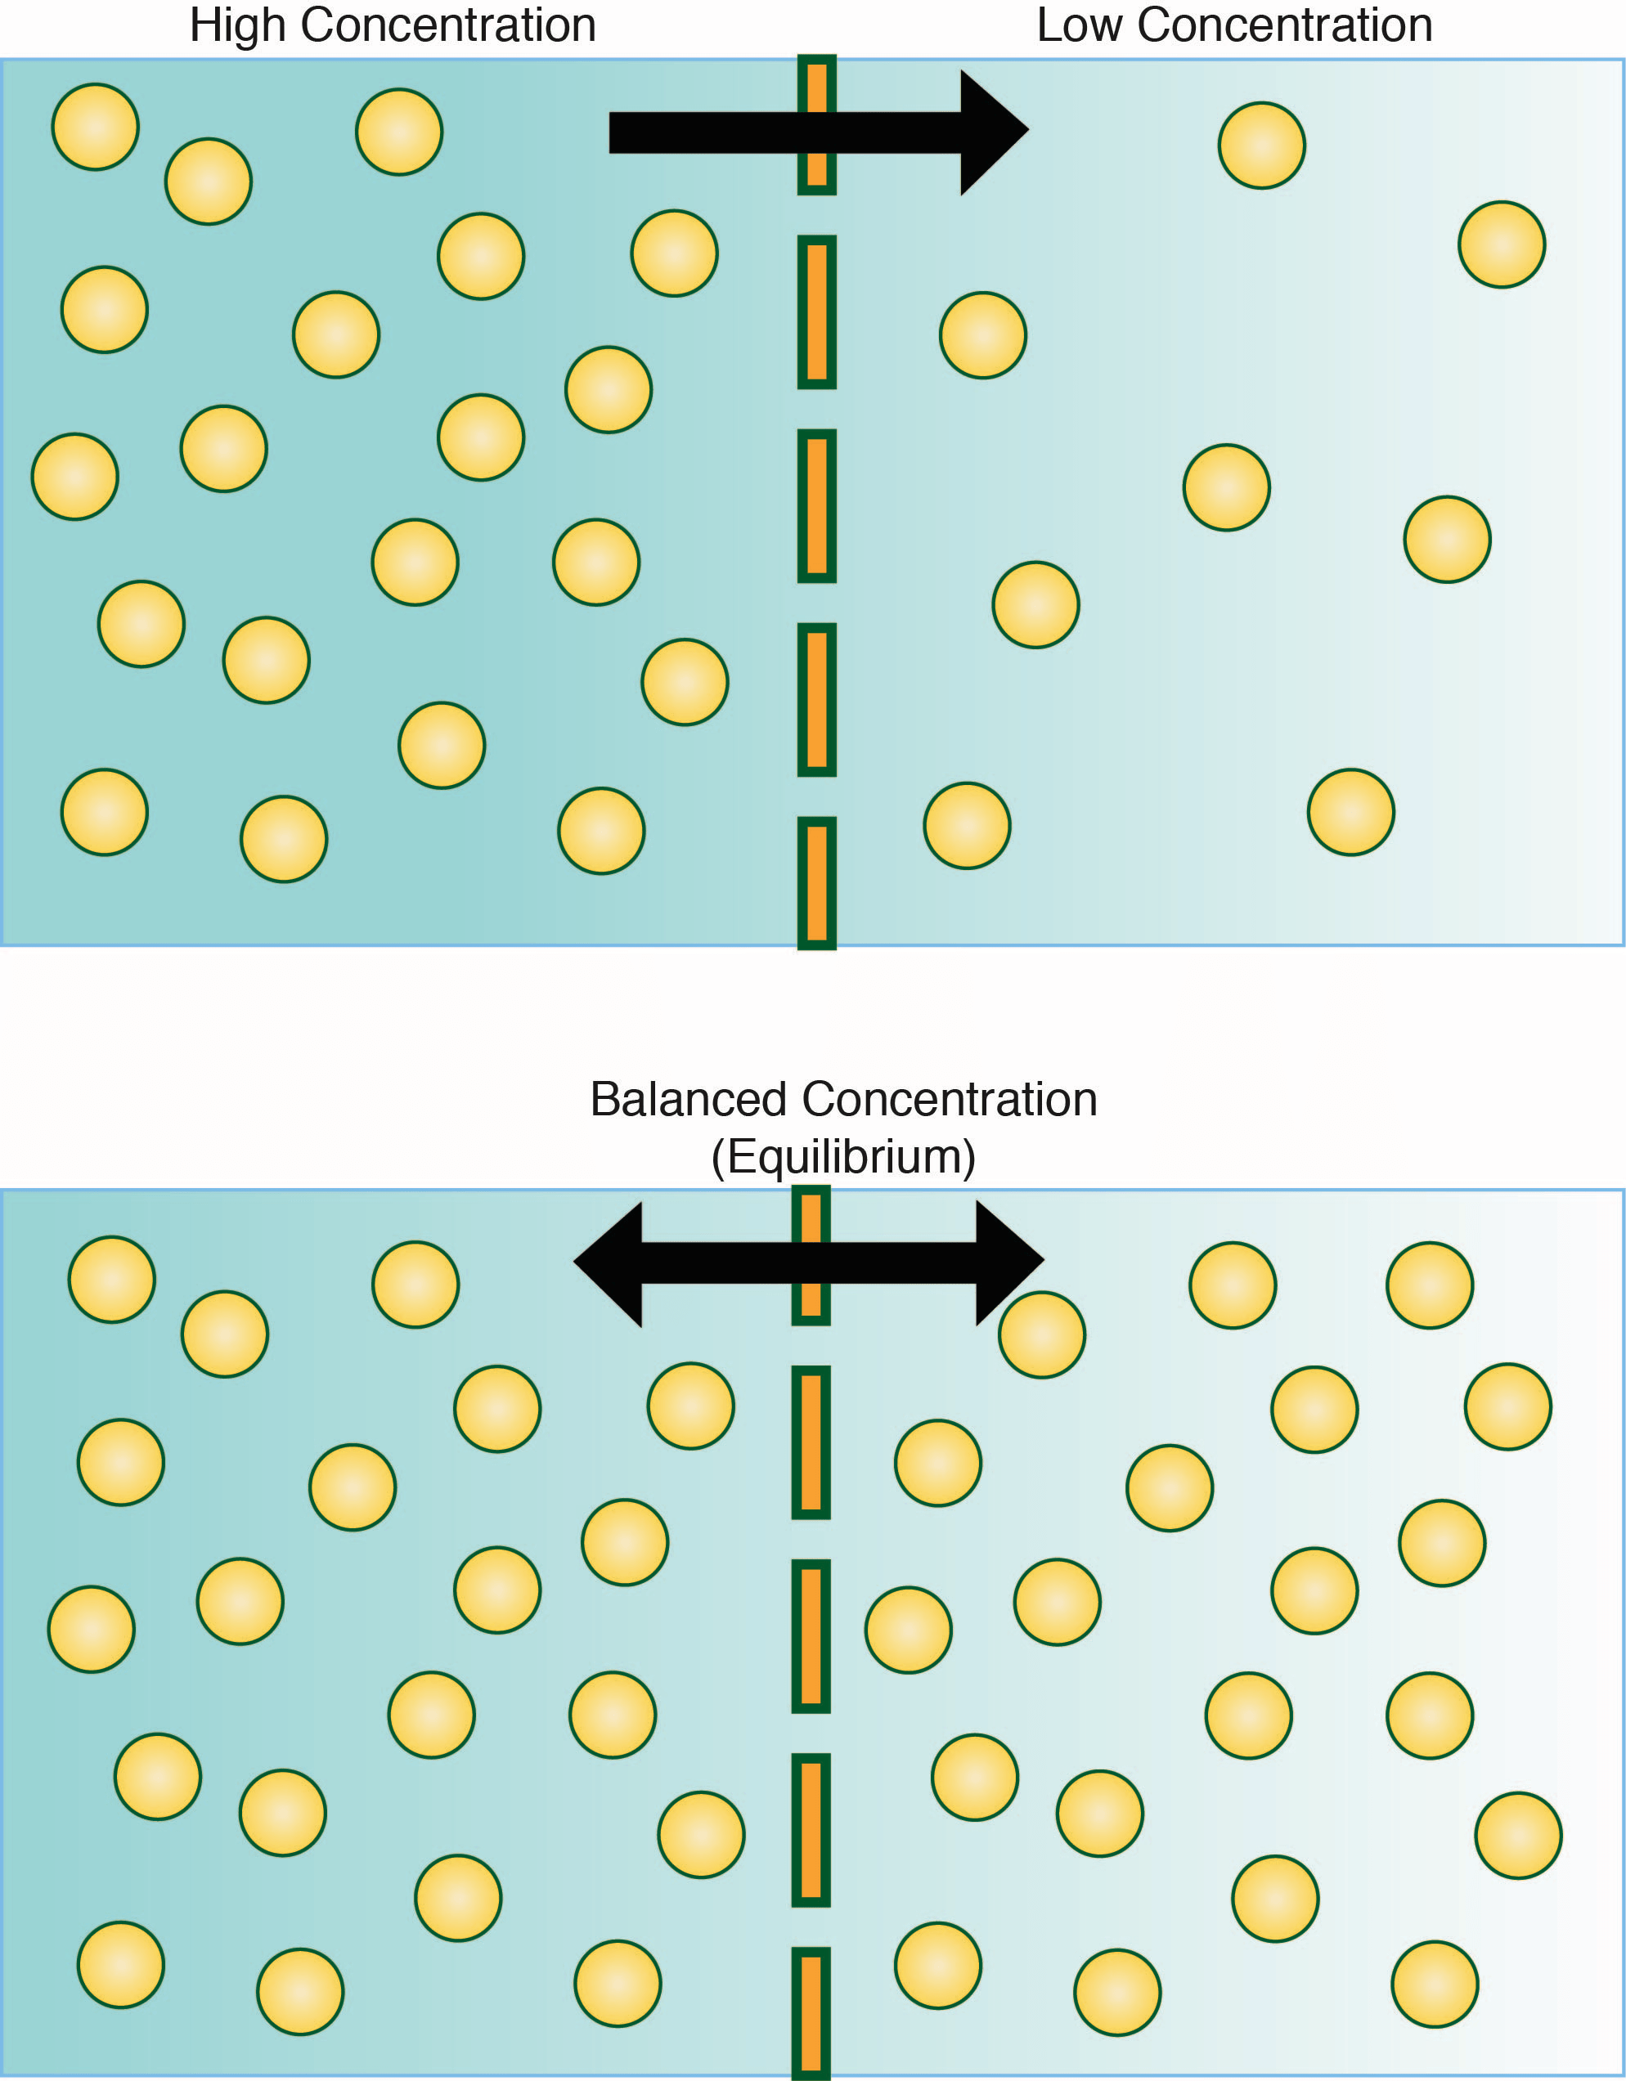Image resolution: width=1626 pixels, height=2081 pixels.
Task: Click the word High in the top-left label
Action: pos(237,25)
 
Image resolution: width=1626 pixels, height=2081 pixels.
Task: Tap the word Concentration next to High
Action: pos(448,25)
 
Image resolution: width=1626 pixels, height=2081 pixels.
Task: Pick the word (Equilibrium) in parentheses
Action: pos(843,1157)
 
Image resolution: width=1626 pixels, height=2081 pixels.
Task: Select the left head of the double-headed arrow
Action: pos(610,1263)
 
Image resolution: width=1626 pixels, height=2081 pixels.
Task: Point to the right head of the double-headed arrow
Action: pos(1008,1262)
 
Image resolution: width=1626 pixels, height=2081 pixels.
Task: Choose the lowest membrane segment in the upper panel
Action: pos(817,882)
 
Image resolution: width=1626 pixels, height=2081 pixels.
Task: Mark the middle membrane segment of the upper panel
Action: pos(817,505)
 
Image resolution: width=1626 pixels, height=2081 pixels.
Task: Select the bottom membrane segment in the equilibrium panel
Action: pos(811,2012)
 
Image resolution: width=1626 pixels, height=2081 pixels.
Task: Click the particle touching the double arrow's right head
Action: pos(1042,1336)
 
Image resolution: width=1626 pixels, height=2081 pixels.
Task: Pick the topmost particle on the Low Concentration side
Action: pos(1262,146)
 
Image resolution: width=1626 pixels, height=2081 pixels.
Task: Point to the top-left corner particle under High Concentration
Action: pos(96,127)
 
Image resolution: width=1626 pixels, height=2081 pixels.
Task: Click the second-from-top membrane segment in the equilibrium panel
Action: pos(811,1442)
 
